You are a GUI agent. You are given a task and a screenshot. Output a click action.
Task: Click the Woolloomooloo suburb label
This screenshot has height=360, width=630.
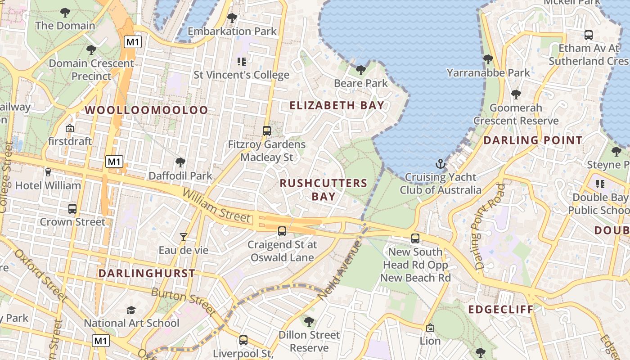click(x=146, y=110)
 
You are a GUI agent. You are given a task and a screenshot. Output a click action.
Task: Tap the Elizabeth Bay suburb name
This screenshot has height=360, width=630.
click(x=337, y=106)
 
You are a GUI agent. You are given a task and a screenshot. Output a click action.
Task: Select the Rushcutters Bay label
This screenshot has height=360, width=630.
click(x=324, y=189)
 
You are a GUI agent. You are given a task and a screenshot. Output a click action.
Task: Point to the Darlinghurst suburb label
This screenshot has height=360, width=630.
click(x=147, y=273)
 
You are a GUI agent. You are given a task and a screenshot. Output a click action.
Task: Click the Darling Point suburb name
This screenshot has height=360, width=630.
click(x=533, y=140)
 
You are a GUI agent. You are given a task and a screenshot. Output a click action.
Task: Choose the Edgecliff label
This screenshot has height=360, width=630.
click(x=500, y=310)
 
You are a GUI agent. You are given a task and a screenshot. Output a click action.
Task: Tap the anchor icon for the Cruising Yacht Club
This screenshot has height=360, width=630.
click(x=441, y=164)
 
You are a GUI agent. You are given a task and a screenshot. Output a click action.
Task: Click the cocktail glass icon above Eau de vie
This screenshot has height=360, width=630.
click(x=184, y=237)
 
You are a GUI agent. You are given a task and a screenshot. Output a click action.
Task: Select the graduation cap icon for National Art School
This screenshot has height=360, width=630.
click(x=131, y=310)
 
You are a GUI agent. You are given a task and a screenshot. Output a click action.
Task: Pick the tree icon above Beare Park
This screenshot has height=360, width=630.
click(x=360, y=70)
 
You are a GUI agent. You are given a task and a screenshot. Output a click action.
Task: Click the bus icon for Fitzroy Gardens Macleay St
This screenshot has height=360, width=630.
click(x=267, y=131)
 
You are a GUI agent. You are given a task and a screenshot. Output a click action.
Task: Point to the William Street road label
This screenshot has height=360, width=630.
click(x=216, y=206)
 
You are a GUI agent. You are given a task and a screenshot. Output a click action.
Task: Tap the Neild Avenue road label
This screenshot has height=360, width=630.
click(x=340, y=270)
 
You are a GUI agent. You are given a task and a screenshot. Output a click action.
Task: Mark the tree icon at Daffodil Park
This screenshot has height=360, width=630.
click(x=180, y=162)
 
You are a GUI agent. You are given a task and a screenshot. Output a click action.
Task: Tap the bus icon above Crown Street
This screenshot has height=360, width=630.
click(x=72, y=209)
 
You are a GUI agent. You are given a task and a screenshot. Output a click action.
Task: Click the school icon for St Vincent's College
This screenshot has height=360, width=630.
click(x=241, y=61)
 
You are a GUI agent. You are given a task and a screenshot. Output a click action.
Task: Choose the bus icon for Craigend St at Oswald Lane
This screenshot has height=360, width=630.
click(x=282, y=231)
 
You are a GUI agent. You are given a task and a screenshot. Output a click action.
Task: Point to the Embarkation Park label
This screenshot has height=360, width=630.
click(x=232, y=31)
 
